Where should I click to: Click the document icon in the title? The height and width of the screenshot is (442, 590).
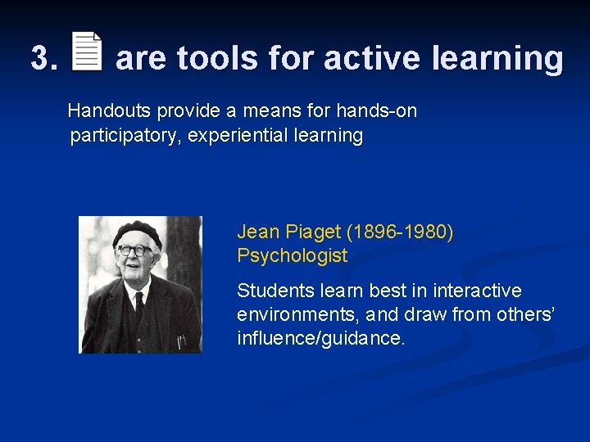pyautogui.click(x=88, y=52)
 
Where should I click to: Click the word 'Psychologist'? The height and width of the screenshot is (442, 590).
pyautogui.click(x=292, y=255)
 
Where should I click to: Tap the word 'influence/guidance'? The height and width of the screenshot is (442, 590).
pyautogui.click(x=320, y=337)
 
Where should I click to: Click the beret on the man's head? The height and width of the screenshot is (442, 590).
pyautogui.click(x=137, y=232)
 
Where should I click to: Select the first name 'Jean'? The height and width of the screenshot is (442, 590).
pyautogui.click(x=256, y=232)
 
